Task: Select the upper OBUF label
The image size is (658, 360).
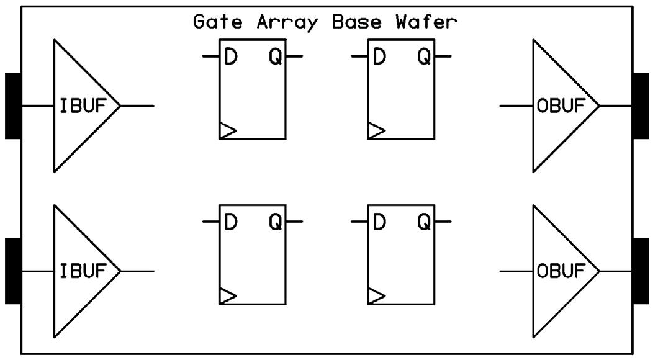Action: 561,106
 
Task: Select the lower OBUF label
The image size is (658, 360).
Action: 561,271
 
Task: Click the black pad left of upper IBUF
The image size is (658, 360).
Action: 13,106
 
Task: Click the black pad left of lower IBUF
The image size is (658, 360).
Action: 13,271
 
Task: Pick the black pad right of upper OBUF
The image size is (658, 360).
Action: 641,106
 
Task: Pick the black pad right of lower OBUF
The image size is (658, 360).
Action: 641,271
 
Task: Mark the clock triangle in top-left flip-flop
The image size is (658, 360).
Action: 228,130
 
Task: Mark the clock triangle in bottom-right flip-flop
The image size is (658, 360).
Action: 376,296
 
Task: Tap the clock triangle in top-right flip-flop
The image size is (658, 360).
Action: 376,130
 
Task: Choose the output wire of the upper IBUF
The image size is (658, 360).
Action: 137,106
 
